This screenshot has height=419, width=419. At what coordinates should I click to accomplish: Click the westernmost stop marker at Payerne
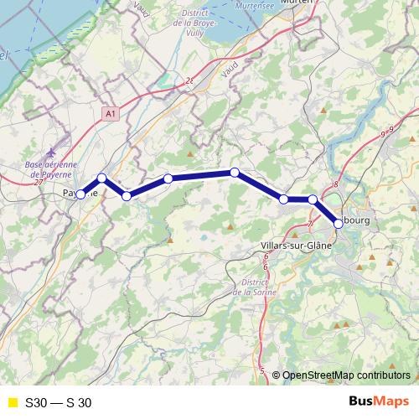80,194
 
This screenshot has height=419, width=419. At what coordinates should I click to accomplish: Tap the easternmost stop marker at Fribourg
339,224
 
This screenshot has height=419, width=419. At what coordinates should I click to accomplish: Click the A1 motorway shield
112,111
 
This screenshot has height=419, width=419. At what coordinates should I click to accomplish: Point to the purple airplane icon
52,153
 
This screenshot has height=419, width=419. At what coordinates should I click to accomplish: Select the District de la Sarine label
253,287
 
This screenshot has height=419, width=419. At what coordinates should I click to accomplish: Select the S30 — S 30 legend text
58,402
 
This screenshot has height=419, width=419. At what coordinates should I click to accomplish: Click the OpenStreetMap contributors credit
344,375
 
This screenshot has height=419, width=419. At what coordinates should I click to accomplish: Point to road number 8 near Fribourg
334,184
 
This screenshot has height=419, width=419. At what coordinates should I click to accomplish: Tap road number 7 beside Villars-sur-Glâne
310,225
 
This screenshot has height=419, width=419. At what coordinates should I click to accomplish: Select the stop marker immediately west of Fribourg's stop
313,199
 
